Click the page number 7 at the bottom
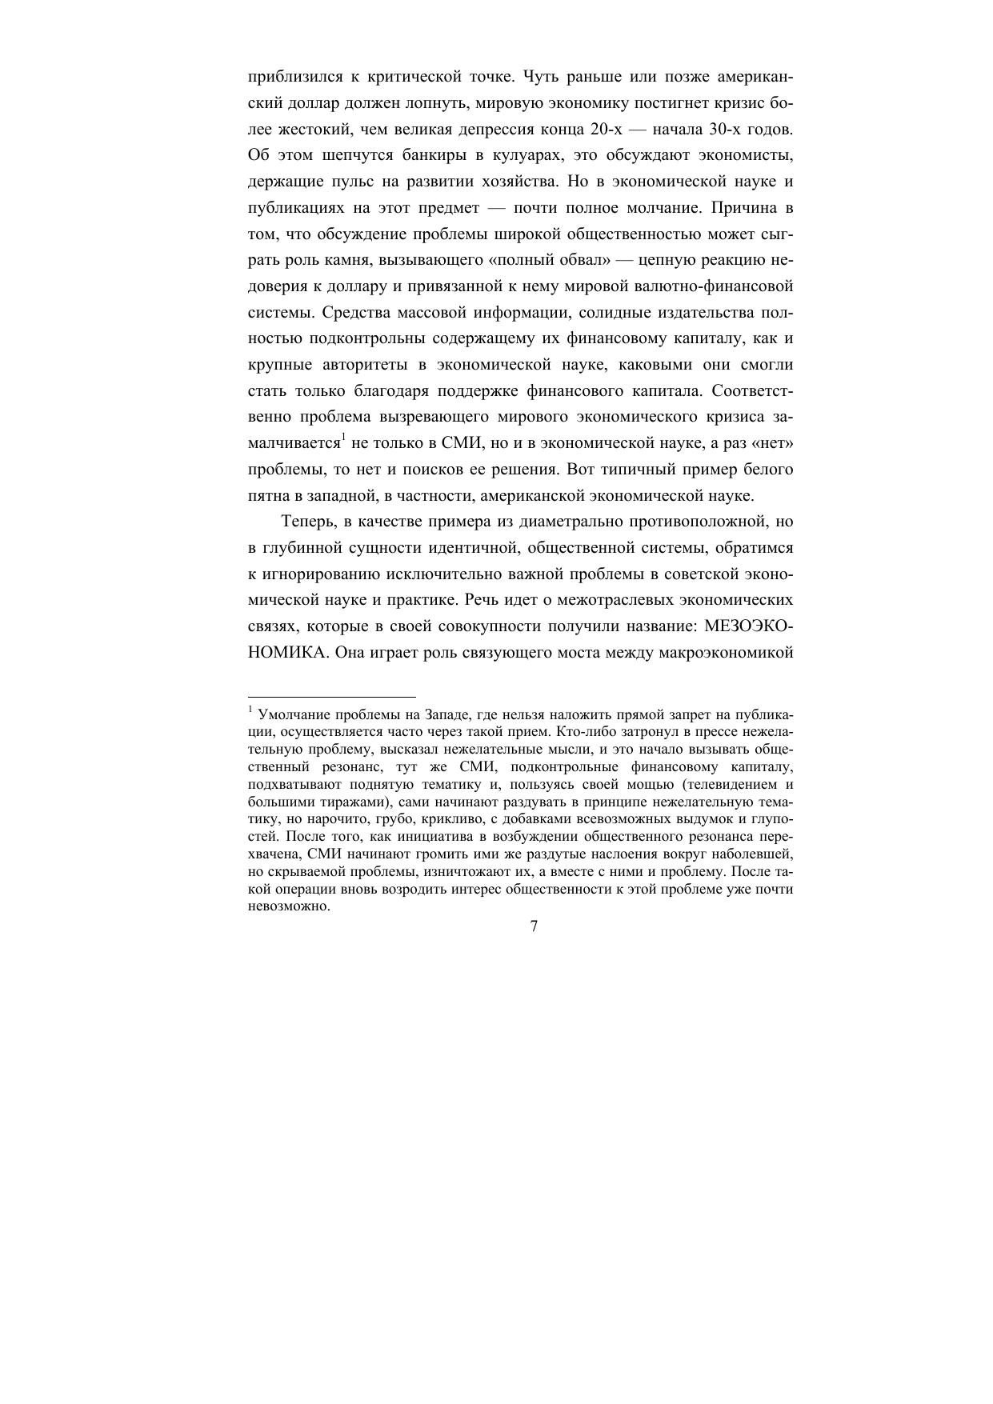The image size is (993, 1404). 534,926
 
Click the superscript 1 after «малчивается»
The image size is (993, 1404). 343,437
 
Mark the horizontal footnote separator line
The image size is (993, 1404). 332,697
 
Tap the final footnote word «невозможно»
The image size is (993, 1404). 289,906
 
